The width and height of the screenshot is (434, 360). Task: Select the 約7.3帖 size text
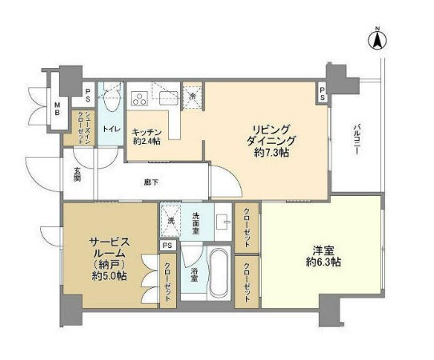tap(273, 151)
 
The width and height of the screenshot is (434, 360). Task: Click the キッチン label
tap(147, 132)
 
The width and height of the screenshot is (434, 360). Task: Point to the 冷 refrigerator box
tap(194, 96)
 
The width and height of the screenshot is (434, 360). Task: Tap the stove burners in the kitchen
tap(138, 99)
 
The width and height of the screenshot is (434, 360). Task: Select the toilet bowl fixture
tap(111, 102)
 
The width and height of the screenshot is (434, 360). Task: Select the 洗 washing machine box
tap(170, 215)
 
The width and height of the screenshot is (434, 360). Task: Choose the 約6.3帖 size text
tap(323, 262)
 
